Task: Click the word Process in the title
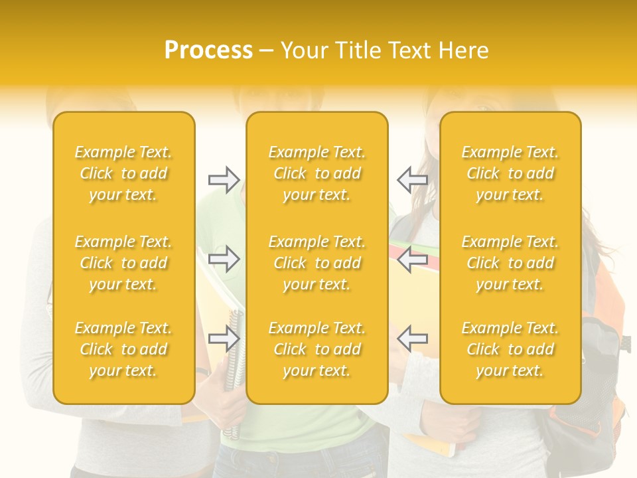(x=208, y=50)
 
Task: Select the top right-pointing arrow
(x=224, y=179)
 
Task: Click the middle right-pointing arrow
(x=224, y=258)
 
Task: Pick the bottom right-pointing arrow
(x=224, y=339)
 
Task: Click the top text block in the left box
(x=123, y=173)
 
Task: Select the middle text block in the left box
(x=123, y=263)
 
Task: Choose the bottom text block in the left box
(x=123, y=349)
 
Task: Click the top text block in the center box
(x=317, y=173)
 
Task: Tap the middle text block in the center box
(x=317, y=263)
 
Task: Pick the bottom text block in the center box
(x=317, y=349)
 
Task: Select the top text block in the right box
(x=510, y=173)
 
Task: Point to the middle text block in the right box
(x=510, y=263)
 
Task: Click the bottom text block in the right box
(x=510, y=349)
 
